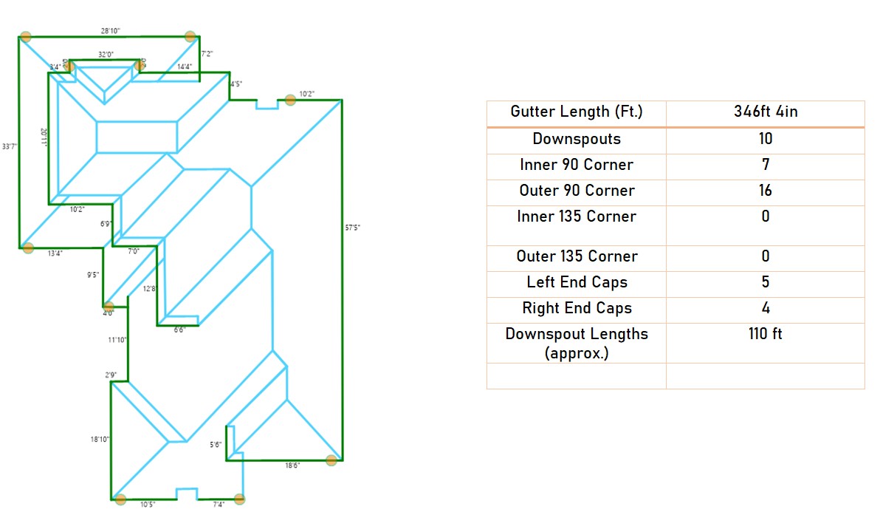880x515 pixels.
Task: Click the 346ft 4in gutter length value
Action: point(766,112)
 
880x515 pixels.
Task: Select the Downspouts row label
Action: point(577,139)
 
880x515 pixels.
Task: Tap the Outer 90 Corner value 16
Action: point(766,191)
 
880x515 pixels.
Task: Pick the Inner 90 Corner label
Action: point(577,165)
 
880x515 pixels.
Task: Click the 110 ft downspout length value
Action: point(766,334)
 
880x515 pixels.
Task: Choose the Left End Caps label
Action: point(577,282)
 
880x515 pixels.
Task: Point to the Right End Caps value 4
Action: point(766,308)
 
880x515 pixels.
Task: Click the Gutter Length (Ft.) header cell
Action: point(577,112)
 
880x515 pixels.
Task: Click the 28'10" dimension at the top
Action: point(111,31)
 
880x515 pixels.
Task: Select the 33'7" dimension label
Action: point(9,146)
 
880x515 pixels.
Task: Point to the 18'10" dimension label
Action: point(100,439)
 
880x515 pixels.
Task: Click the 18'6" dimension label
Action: point(293,466)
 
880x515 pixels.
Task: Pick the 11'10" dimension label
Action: point(118,340)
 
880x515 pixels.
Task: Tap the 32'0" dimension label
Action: point(106,54)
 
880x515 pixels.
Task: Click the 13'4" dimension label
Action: point(55,253)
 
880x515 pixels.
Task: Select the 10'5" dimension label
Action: point(148,504)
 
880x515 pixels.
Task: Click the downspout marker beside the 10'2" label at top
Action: point(291,100)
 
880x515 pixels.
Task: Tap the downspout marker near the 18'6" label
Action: point(331,460)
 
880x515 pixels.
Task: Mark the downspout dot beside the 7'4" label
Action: point(239,499)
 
